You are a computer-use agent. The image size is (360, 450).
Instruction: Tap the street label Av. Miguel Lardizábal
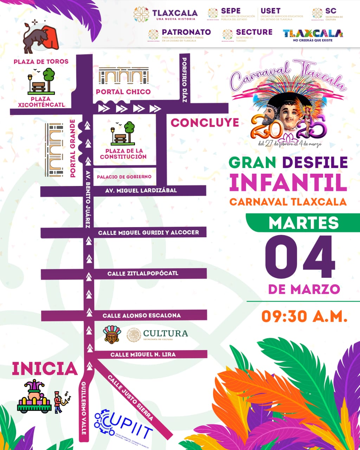coord(141,191)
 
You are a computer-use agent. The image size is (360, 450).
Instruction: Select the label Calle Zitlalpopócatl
coord(143,274)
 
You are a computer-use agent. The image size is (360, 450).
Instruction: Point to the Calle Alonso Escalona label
coord(142,315)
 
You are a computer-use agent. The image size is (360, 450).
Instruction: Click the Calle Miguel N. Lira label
coord(143,354)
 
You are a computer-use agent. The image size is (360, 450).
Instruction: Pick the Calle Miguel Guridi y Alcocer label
coord(148,232)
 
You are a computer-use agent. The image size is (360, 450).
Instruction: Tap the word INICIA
coord(45,369)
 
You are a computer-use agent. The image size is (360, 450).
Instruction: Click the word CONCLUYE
coord(205,123)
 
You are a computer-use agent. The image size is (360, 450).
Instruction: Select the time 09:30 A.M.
coord(304,316)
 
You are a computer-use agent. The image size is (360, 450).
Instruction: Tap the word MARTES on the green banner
coord(304,223)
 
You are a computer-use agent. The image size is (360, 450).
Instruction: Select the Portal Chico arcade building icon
coord(123,76)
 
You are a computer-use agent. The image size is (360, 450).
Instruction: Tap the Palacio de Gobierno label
coord(124,176)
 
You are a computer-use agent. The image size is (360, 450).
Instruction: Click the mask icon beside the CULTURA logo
coord(112,334)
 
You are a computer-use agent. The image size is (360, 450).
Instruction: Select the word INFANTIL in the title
coord(288,182)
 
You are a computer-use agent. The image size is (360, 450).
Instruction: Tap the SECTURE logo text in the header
coord(254,32)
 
